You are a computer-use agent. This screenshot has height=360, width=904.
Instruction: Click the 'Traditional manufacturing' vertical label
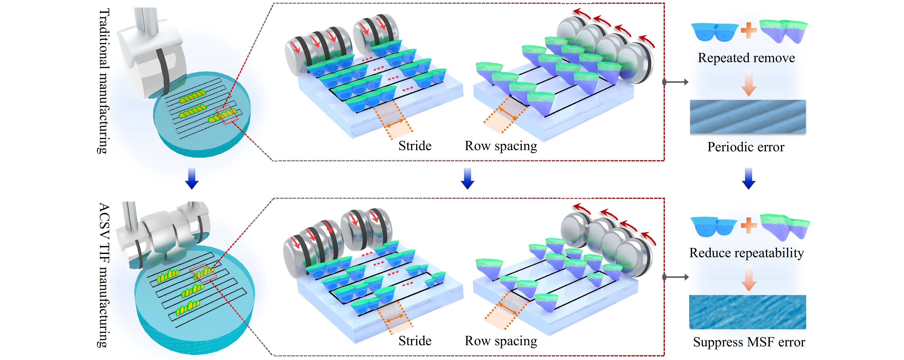[104, 82]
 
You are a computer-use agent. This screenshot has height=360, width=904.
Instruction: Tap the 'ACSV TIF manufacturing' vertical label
[104, 275]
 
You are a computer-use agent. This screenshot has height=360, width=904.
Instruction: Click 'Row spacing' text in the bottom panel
[501, 341]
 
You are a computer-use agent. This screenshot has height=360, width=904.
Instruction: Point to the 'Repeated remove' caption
[746, 58]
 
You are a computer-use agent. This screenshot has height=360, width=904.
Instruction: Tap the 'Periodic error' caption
[746, 147]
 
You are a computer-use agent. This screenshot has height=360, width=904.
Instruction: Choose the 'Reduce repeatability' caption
[746, 253]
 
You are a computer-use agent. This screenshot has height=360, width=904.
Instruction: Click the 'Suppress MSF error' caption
[749, 342]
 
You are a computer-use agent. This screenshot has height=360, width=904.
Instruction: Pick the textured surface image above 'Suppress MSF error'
[748, 312]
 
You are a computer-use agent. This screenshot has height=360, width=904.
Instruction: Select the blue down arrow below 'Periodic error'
[749, 179]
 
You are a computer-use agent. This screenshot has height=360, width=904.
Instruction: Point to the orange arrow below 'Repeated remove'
[749, 83]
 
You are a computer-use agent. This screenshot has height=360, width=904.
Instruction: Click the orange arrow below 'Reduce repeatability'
[749, 278]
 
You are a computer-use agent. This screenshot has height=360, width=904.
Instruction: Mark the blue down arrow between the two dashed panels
[468, 179]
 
